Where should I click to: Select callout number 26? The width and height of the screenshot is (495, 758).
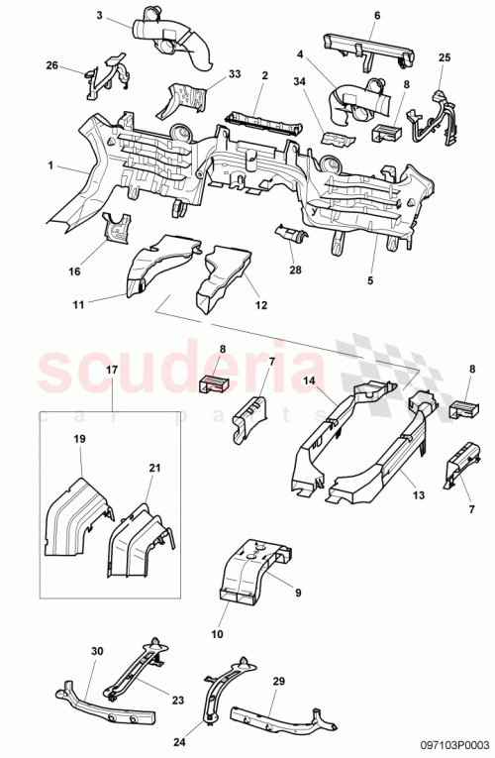(51, 65)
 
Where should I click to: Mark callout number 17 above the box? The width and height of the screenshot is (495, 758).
(111, 370)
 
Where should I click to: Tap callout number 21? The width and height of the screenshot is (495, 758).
(154, 467)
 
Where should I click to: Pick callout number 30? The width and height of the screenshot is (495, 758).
(96, 650)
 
